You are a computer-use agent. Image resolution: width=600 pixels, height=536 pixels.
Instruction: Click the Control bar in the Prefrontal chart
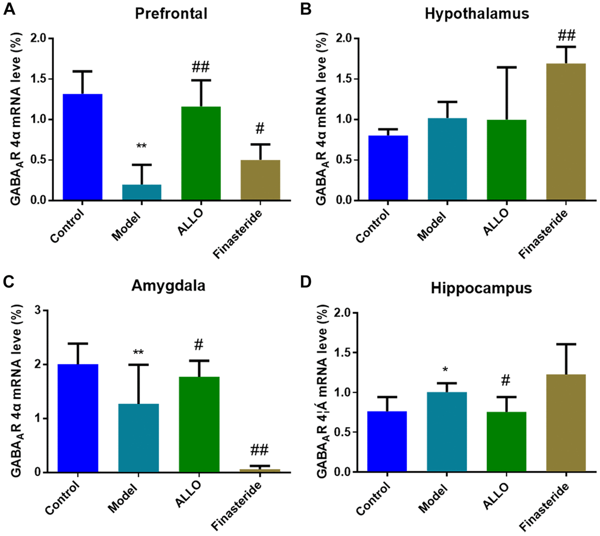[82, 147]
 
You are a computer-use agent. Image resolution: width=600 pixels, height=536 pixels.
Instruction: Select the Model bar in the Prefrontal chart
[141, 192]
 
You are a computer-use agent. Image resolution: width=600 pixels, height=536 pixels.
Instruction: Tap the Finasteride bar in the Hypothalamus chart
[565, 132]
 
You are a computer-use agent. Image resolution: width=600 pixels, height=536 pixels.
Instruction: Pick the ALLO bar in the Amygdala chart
[199, 424]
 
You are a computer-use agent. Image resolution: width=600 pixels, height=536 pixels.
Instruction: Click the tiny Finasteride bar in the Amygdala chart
[259, 470]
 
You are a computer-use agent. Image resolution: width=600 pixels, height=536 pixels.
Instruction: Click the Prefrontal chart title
[171, 13]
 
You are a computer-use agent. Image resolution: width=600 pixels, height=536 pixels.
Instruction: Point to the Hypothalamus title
[476, 13]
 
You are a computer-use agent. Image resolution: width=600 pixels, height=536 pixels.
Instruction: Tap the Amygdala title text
[168, 285]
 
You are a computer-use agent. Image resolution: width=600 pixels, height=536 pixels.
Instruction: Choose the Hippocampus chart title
[481, 288]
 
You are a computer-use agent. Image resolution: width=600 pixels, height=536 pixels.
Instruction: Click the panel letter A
[8, 9]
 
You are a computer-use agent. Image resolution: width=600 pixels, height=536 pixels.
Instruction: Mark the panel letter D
[306, 281]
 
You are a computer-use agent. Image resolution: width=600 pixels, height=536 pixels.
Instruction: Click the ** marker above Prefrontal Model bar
[141, 146]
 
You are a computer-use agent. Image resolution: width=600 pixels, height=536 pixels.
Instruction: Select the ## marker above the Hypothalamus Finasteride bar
[566, 35]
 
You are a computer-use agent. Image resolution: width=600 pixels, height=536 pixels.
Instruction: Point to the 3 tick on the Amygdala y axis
[38, 310]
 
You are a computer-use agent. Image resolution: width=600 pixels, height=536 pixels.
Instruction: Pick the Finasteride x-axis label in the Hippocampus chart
[544, 507]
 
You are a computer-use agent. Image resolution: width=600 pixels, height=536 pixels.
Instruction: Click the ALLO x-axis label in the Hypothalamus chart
[496, 221]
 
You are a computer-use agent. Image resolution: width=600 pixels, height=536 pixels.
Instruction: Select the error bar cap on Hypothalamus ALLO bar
[506, 67]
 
